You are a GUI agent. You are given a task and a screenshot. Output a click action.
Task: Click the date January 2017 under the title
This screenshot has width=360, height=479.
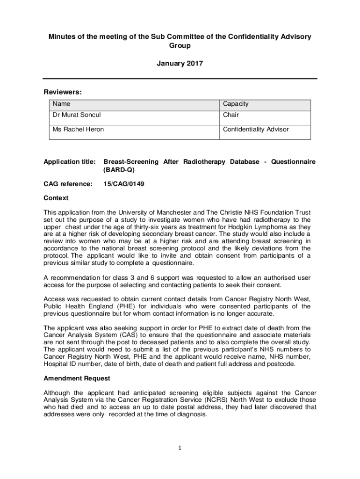pos(180,64)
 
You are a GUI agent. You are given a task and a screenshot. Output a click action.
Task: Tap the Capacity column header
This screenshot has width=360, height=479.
pos(236,104)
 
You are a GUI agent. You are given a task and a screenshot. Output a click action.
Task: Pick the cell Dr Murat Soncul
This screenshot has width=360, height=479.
pos(76,115)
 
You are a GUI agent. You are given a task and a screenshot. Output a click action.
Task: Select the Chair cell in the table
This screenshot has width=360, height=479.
pos(230,115)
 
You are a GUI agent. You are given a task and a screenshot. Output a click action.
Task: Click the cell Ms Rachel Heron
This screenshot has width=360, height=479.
pos(78,130)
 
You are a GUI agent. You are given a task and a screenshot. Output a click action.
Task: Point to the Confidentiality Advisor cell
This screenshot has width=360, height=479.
pos(256,130)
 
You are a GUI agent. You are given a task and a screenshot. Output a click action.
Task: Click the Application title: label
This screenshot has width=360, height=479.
pos(70,162)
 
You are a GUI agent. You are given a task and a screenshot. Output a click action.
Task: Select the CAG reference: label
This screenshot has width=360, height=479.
pos(68,184)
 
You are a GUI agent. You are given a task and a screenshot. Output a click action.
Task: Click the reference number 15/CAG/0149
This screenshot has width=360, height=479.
pos(123,184)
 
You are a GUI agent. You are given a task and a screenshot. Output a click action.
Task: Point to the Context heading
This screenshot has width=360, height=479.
pos(56,198)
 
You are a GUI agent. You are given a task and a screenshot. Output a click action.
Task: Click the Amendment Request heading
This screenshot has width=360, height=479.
pos(77,378)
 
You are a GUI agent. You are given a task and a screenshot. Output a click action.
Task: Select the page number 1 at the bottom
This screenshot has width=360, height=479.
pos(180,448)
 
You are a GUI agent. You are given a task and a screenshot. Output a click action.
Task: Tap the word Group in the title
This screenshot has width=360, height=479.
pos(180,46)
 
